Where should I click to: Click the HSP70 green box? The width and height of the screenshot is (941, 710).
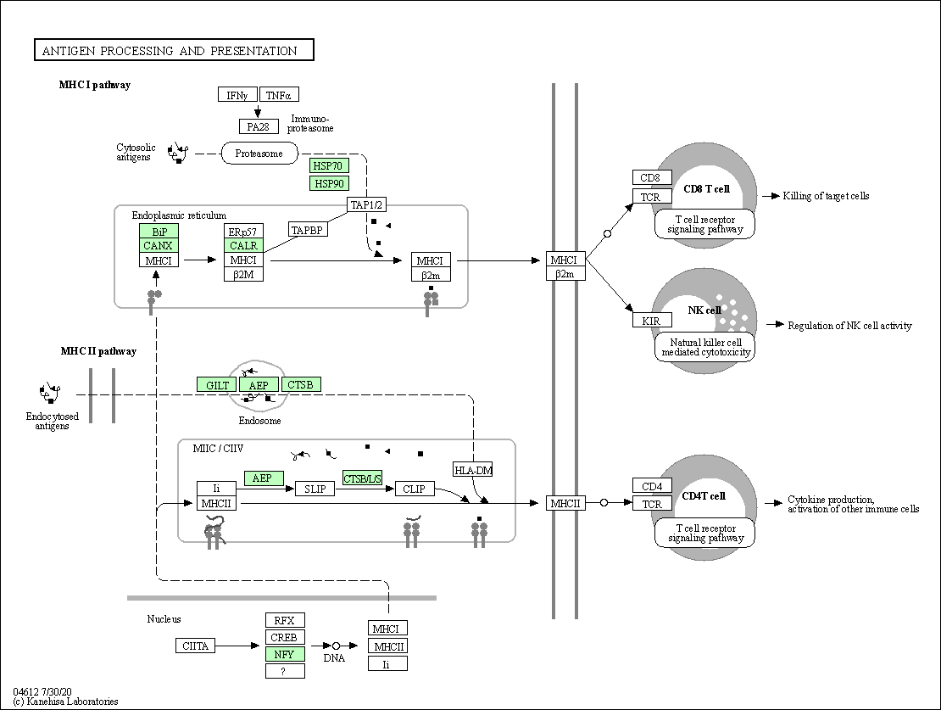[x=329, y=165]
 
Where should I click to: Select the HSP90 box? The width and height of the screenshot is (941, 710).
[x=329, y=183]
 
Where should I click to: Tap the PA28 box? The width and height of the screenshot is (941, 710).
[x=259, y=126]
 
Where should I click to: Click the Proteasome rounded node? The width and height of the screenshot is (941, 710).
[x=259, y=154]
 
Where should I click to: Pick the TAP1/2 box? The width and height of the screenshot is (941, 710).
[x=366, y=204]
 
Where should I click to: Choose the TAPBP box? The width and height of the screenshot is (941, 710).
[x=308, y=230]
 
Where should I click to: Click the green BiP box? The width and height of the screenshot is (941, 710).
[x=159, y=232]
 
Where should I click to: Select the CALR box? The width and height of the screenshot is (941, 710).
[x=243, y=246]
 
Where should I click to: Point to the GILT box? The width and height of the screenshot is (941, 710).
[x=217, y=385]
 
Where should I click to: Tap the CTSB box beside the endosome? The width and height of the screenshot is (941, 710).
[x=301, y=384]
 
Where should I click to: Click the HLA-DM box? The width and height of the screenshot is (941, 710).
[x=473, y=470]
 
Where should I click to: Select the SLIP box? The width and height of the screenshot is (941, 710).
[x=315, y=489]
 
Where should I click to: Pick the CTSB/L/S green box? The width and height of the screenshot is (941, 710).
[x=363, y=478]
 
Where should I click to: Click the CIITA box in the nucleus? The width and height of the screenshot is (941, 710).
[x=196, y=646]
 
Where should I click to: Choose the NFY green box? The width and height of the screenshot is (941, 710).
[x=285, y=654]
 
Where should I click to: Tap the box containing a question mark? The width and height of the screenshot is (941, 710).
[x=285, y=671]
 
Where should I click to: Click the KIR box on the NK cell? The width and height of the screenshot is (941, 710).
[x=652, y=320]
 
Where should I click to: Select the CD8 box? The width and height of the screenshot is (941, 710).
[x=652, y=177]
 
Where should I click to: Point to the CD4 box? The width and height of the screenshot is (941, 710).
[x=652, y=485]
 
